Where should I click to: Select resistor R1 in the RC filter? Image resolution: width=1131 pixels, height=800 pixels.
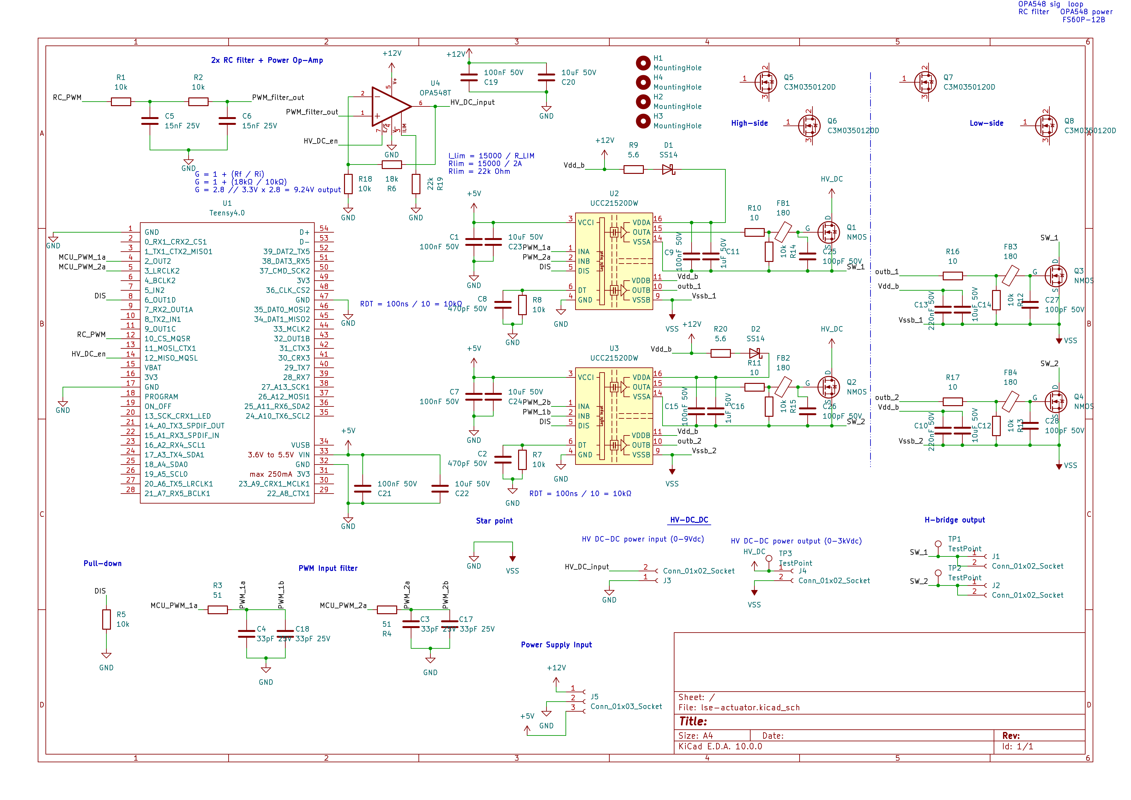[x=121, y=102]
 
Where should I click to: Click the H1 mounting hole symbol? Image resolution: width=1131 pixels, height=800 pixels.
[x=643, y=63]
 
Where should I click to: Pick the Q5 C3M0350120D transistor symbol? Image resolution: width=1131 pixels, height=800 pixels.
[x=765, y=82]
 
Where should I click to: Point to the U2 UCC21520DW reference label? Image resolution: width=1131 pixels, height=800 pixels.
[x=614, y=194]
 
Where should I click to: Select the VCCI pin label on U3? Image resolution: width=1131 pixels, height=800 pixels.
[x=586, y=377]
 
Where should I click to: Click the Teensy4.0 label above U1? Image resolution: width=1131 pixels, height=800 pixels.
[x=227, y=213]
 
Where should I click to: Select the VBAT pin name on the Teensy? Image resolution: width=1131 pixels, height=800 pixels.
[x=153, y=368]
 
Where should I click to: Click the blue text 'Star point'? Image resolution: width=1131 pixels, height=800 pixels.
[x=494, y=521]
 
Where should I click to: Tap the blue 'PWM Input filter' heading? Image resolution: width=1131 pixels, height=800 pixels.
[x=328, y=568]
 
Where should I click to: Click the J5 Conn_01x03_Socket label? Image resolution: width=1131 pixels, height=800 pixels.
[x=625, y=706]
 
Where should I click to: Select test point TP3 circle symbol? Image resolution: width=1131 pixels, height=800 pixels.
[x=768, y=558]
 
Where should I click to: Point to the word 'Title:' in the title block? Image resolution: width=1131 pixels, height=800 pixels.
[x=693, y=722]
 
